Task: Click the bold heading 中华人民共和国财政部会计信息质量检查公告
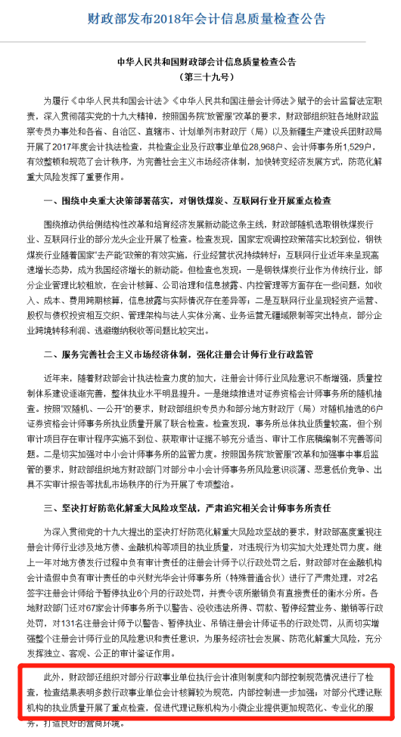click(201, 62)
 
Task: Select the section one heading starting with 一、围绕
click(182, 200)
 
